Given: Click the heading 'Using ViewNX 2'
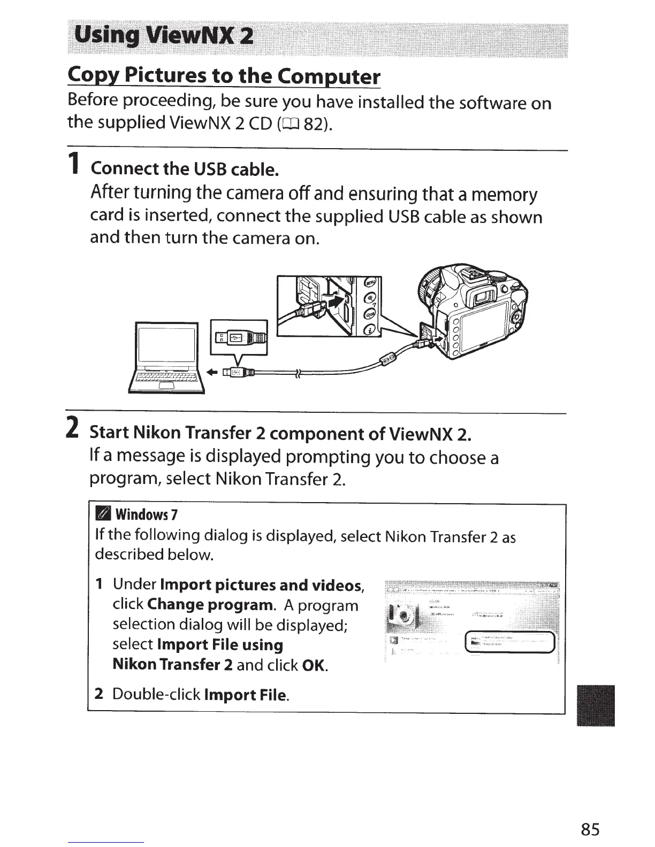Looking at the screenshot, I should (x=164, y=36).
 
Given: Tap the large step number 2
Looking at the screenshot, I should (x=75, y=426).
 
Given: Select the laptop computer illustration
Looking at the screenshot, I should (x=166, y=357).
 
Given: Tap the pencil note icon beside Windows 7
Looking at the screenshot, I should (x=102, y=514).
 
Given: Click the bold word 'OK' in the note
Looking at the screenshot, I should (x=314, y=666).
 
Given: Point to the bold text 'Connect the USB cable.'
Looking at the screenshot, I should (x=185, y=169).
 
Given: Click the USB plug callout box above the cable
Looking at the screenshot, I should (x=239, y=336).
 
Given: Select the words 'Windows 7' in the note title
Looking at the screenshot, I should (x=146, y=515).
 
